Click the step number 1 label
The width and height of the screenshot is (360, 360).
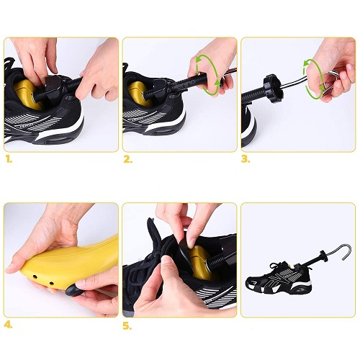9,160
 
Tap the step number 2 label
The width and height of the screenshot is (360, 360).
127,160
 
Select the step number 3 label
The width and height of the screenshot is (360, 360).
246,160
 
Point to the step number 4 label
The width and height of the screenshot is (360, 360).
8,325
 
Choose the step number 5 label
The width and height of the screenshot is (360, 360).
127,326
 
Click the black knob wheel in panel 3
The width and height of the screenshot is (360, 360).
273,88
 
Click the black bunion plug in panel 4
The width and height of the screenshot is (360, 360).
73,290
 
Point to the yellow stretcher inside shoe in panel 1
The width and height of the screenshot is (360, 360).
27,94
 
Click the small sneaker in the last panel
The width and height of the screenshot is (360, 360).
279,277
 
